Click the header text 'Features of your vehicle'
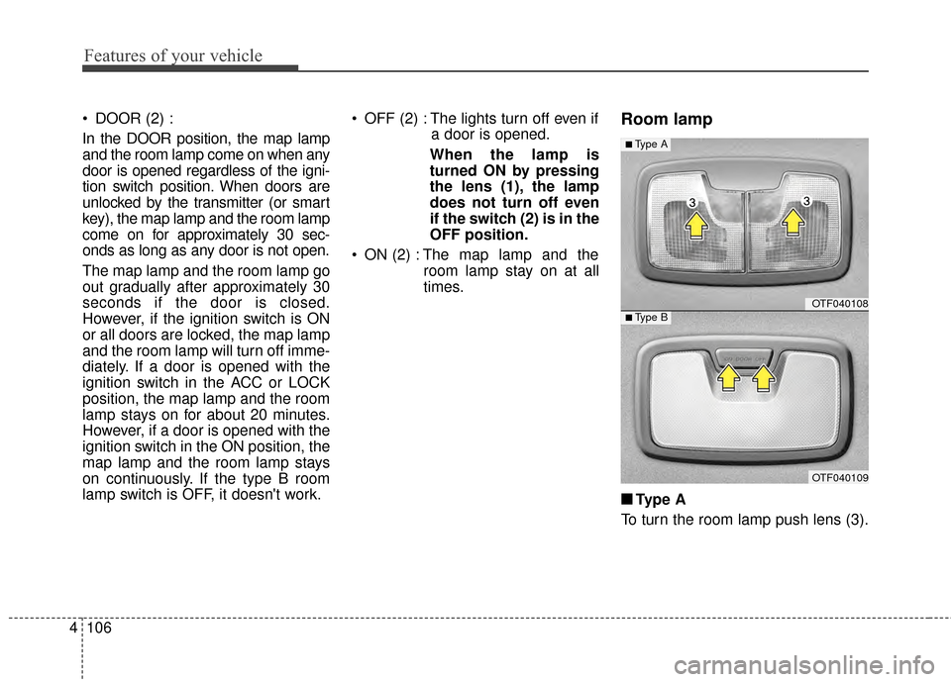click(x=173, y=55)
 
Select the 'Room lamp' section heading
click(x=666, y=120)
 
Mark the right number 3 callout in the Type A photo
click(x=807, y=202)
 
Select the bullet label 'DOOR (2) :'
click(x=134, y=119)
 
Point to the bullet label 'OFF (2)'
click(x=389, y=119)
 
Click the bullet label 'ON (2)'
click(x=385, y=253)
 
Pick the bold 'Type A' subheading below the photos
click(x=660, y=499)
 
